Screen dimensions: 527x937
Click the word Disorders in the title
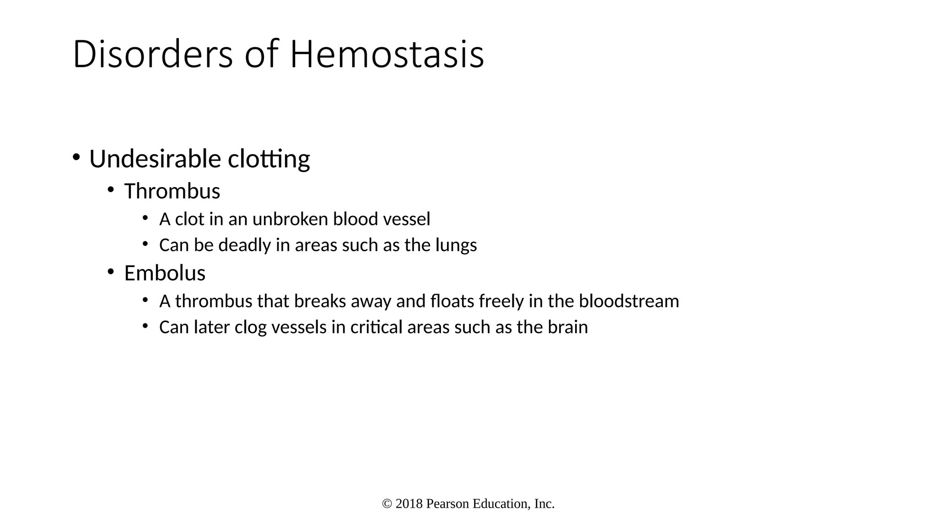pyautogui.click(x=153, y=55)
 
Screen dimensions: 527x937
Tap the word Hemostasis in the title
pyautogui.click(x=387, y=55)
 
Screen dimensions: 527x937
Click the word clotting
pyautogui.click(x=269, y=160)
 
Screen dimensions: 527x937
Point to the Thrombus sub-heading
pyautogui.click(x=172, y=191)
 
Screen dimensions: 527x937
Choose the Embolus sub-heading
pyautogui.click(x=165, y=274)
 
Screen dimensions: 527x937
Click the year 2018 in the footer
pyautogui.click(x=409, y=504)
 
